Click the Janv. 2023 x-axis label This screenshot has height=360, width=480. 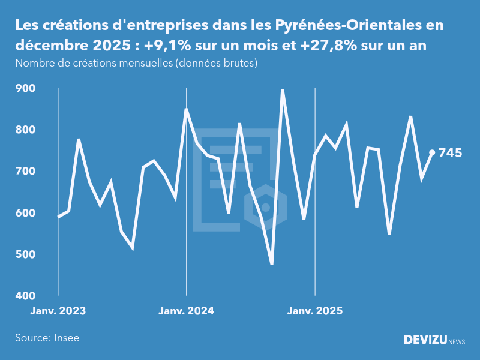tap(58, 311)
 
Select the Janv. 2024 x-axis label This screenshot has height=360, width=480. tap(187, 311)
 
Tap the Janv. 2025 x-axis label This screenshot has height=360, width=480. tap(315, 311)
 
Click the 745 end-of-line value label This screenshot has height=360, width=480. tap(451, 153)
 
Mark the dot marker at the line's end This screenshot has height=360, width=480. tap(432, 152)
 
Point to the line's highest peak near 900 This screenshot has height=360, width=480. tap(283, 90)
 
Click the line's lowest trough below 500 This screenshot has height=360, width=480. tap(272, 263)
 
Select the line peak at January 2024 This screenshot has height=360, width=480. tap(187, 110)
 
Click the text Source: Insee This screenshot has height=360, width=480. tap(47, 338)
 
